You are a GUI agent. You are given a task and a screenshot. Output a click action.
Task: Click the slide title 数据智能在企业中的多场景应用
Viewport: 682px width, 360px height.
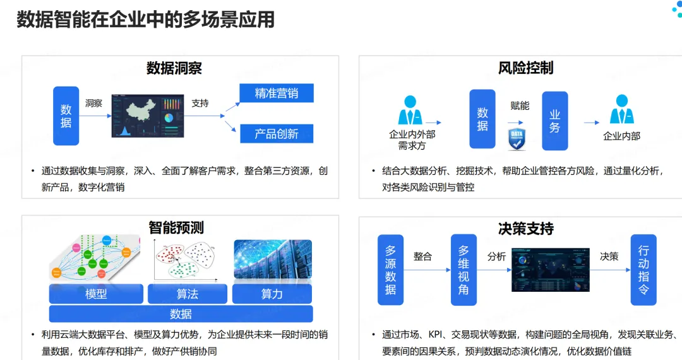pos(145,20)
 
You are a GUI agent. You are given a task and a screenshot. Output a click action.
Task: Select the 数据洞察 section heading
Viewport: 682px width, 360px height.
pos(174,68)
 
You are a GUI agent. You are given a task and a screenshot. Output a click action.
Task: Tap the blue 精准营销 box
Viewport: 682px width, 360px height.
pos(277,93)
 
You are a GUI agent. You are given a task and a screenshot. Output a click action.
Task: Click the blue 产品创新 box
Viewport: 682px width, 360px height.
pos(277,134)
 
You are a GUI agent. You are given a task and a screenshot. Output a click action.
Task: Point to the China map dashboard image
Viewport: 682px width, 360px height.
pos(147,116)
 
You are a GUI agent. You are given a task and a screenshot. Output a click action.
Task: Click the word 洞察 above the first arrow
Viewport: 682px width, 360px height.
pos(93,103)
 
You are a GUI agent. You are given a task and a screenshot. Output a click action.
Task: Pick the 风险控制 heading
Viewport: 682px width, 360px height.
pos(525,68)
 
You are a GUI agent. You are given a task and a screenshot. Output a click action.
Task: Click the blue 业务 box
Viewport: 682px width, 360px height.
pos(554,121)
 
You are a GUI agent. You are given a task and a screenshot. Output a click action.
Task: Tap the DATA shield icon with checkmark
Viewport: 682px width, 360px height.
pos(517,139)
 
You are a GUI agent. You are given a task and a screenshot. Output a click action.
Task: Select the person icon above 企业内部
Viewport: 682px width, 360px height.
pos(621,110)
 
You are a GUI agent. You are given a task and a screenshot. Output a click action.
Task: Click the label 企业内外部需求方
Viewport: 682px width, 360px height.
pos(412,140)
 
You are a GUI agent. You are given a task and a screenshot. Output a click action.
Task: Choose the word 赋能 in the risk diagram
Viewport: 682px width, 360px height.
pos(520,105)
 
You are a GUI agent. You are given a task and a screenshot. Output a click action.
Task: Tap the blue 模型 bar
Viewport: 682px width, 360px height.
pos(96,294)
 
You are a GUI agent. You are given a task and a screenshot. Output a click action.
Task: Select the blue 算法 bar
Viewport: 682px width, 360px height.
pos(188,294)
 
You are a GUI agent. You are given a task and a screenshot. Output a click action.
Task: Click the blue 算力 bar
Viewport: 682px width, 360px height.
pos(272,294)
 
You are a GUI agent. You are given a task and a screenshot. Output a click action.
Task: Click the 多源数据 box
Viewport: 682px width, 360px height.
pos(390,270)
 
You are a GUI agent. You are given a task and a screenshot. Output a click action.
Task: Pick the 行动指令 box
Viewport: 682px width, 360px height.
pos(643,270)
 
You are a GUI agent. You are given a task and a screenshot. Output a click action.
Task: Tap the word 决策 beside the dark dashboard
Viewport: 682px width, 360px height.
pos(609,256)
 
